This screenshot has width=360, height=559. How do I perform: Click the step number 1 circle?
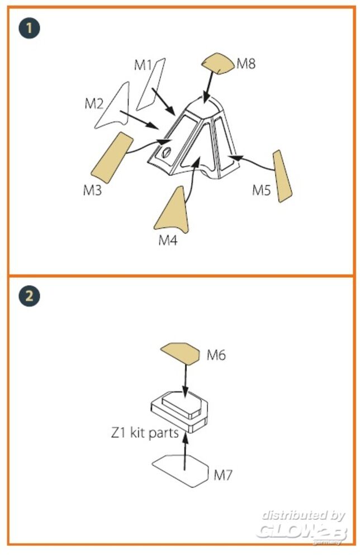pos(29,28)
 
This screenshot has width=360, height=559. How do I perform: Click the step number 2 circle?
pos(29,296)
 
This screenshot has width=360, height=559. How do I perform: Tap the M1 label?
pos(143,65)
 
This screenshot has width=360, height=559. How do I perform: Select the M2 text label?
pos(94,104)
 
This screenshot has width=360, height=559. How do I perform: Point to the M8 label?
pos(247,64)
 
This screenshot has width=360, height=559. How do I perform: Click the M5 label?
pos(262,190)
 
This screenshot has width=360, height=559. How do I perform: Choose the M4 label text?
pos(168,240)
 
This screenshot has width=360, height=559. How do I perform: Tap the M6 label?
pos(216,355)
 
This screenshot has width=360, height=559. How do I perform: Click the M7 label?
pos(223,475)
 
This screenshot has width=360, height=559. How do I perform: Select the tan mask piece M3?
pos(112,157)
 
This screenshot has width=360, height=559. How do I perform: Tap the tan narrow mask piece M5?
pos(282,176)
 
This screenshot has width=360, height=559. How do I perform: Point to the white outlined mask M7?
pos(181,471)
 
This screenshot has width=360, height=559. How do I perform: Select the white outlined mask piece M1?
pos(150,85)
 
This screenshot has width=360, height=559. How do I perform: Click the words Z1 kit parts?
pos(145,433)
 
